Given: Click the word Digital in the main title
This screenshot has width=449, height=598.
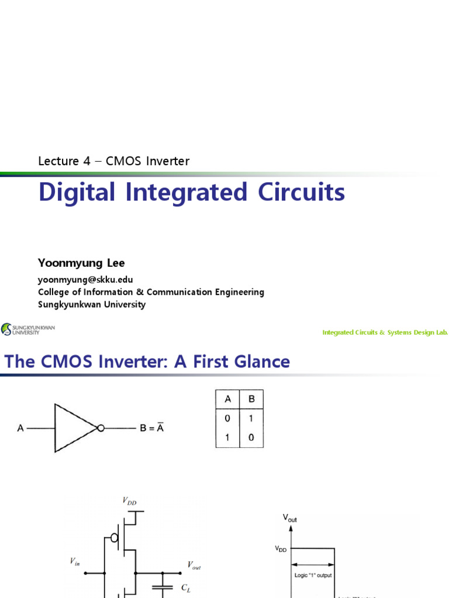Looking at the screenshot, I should pyautogui.click(x=77, y=192).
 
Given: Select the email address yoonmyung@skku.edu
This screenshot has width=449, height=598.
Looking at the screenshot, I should pyautogui.click(x=85, y=280).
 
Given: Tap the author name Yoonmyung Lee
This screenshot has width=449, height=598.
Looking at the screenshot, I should pyautogui.click(x=81, y=263).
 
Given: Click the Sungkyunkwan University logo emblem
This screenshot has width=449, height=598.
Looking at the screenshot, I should pyautogui.click(x=6, y=330).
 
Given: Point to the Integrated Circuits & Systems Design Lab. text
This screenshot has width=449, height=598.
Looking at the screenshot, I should pyautogui.click(x=385, y=332).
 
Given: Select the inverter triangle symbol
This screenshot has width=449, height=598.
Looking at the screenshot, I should pyautogui.click(x=74, y=428).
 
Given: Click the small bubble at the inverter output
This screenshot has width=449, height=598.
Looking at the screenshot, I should pyautogui.click(x=101, y=429).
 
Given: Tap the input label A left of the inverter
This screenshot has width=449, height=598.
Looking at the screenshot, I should pyautogui.click(x=20, y=429).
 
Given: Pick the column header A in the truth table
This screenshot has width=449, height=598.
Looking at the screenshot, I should pyautogui.click(x=227, y=399).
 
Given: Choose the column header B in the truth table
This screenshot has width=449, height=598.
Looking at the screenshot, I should pyautogui.click(x=251, y=399).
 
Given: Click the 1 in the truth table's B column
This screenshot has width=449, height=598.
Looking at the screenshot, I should pyautogui.click(x=251, y=419).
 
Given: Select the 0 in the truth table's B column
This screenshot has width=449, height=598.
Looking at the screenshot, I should pyautogui.click(x=251, y=438).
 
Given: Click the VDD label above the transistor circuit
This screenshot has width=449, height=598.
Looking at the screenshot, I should pyautogui.click(x=129, y=500).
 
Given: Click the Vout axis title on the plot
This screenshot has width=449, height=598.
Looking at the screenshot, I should pyautogui.click(x=290, y=517).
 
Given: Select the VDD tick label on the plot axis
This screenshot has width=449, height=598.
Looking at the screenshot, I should pyautogui.click(x=281, y=548).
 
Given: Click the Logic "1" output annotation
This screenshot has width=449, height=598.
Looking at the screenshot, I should pyautogui.click(x=313, y=575).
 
